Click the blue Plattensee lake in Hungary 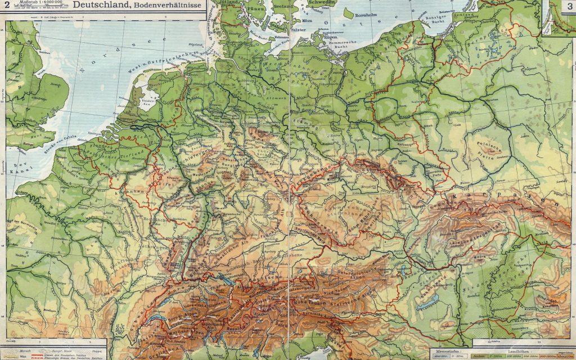tap(429, 304)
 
